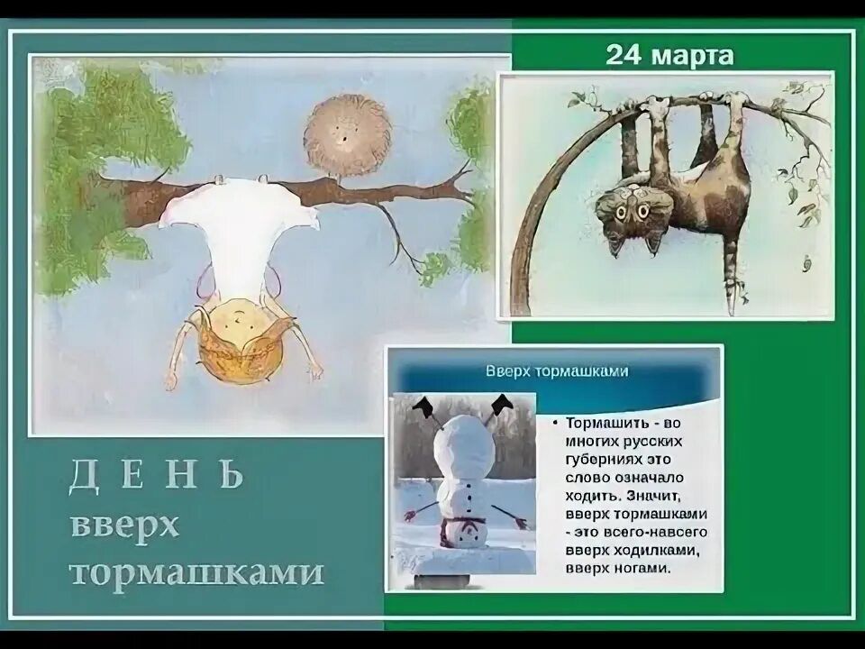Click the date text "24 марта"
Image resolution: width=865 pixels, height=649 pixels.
(669, 56)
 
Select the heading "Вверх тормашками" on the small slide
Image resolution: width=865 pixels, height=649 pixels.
(557, 370)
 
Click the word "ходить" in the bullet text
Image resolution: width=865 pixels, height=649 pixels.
(592, 495)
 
